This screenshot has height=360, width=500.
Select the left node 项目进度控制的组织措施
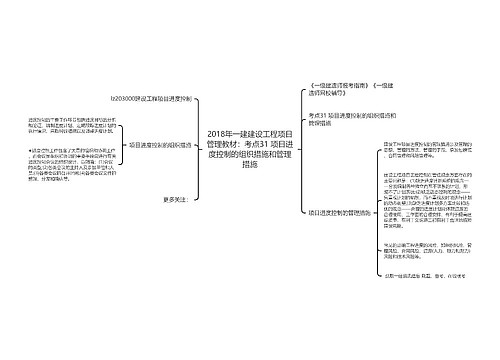[159, 144]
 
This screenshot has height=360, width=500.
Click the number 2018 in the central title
[217, 133]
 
